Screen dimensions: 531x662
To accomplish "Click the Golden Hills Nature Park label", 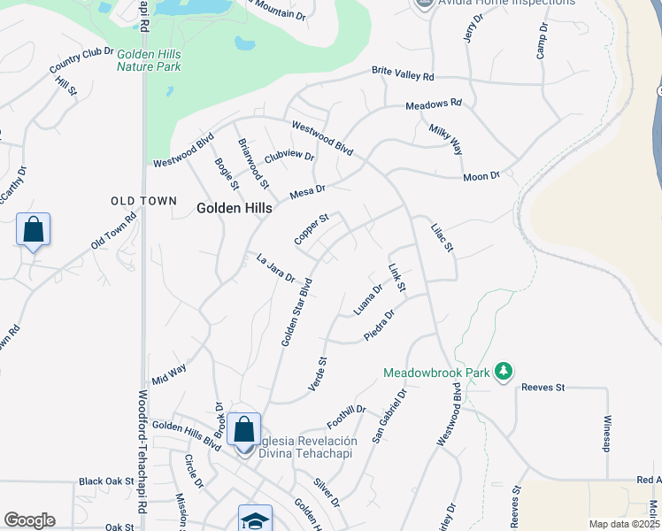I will (149, 60).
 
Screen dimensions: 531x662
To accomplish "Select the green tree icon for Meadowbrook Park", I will (504, 370).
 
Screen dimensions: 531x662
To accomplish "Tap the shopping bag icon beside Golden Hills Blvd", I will (243, 430).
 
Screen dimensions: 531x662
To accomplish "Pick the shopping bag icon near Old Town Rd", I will (33, 230).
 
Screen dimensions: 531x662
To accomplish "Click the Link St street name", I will (397, 278).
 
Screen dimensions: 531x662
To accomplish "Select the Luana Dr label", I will (367, 299).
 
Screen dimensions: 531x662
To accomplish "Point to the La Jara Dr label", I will (275, 268).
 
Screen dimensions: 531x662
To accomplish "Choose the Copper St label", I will (312, 229).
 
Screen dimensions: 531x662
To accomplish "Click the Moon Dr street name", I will (481, 177).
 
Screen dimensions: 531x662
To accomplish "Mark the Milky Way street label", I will (446, 140).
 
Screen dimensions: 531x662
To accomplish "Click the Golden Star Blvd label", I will (296, 313).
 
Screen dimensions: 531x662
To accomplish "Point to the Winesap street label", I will (607, 434).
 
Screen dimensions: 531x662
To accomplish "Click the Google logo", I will (29, 520).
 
